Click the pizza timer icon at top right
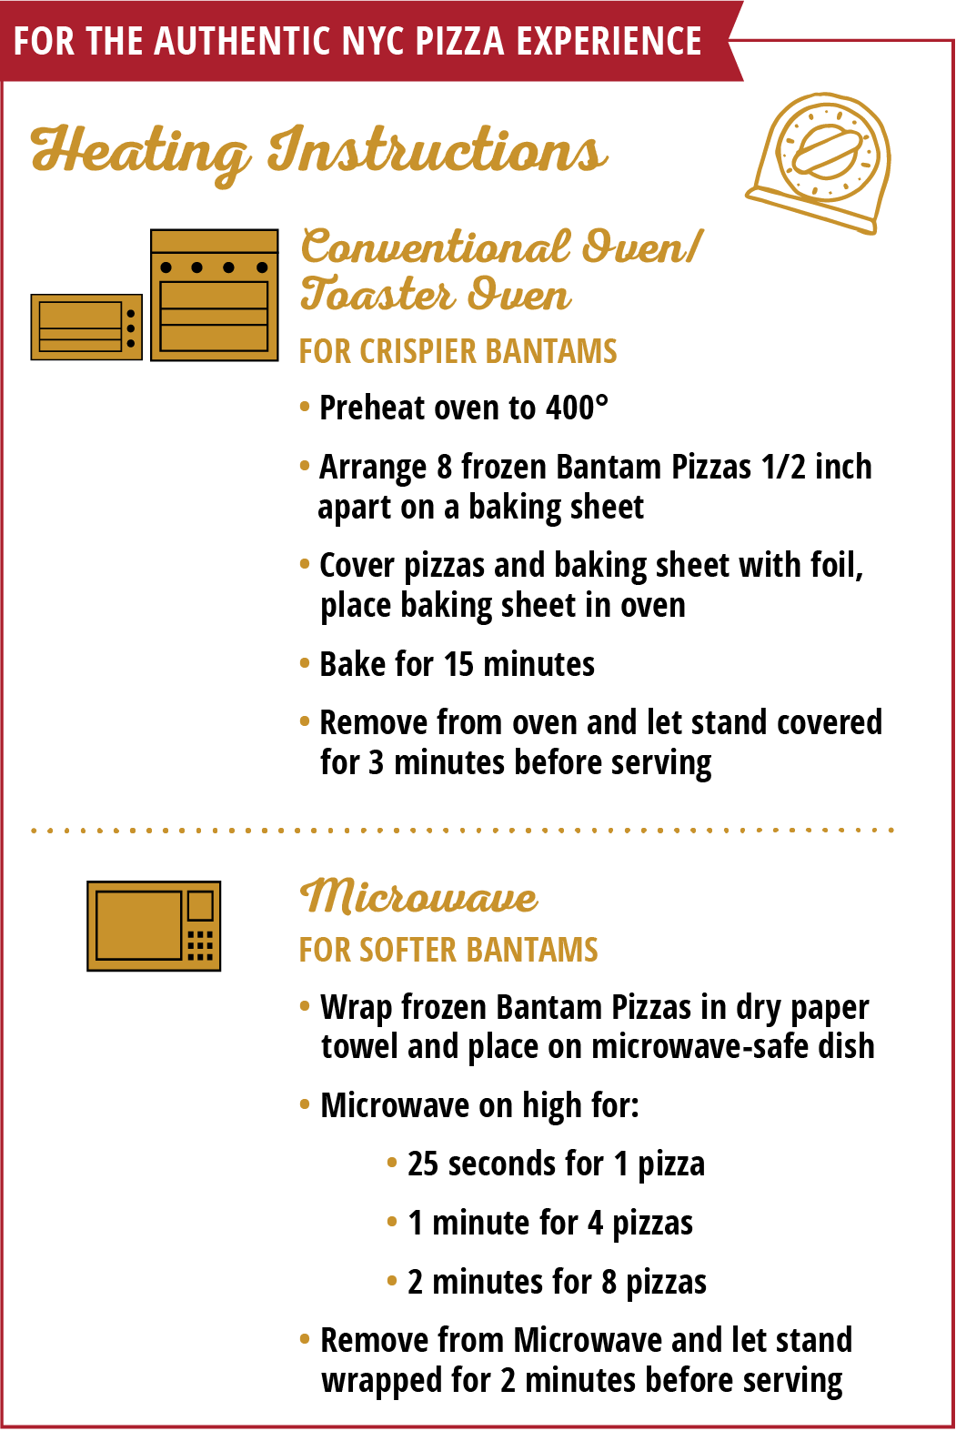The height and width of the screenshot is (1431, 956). coord(819,162)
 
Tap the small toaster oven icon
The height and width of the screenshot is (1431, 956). coord(86,327)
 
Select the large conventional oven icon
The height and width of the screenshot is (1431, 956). coord(215,295)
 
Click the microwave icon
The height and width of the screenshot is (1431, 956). coord(154,925)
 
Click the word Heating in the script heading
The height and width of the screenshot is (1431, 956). coord(141,152)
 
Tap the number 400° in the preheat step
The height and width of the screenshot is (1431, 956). coord(578,408)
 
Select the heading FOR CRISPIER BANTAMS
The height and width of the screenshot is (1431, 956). coord(458,351)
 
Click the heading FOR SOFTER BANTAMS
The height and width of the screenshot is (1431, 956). coord(448,950)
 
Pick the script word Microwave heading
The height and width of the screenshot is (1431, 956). coord(419,896)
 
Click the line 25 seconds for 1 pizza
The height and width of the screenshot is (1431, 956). coord(556,1164)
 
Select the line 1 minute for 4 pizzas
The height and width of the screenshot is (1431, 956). coord(550,1223)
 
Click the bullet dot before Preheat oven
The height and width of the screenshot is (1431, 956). coord(305,407)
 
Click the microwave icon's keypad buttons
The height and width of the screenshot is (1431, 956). coord(200,945)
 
